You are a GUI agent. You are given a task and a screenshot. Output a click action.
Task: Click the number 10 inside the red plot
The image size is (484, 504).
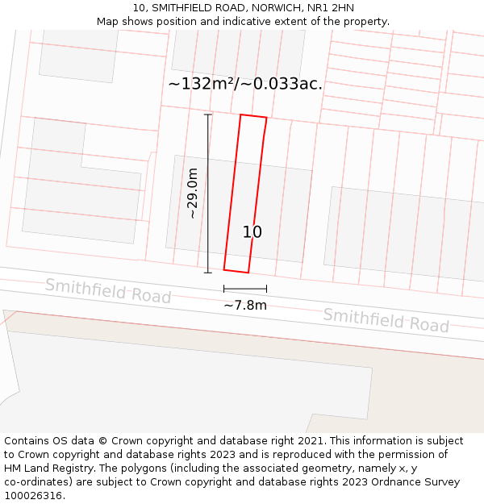[x=252, y=232]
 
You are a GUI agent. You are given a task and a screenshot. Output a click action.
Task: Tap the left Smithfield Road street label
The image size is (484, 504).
[x=108, y=290]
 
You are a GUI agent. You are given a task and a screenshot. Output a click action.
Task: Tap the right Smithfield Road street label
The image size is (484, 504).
[x=386, y=320]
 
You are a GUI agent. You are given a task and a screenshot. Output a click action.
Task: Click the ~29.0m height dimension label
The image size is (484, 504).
[x=192, y=193]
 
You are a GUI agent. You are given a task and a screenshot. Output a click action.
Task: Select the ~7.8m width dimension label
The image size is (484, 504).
[x=245, y=306]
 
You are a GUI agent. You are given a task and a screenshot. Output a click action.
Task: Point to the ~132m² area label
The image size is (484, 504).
[x=245, y=84]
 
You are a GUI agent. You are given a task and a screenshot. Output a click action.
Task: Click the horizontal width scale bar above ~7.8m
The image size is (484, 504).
[x=245, y=289]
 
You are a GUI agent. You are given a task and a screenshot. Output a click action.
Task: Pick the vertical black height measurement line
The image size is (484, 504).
[x=208, y=194]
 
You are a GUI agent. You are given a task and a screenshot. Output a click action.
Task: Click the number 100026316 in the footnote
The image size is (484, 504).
[x=32, y=496]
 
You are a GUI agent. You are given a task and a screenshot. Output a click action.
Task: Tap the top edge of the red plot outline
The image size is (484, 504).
[x=253, y=116]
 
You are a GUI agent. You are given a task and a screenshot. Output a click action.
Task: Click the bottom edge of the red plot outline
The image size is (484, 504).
[x=236, y=271]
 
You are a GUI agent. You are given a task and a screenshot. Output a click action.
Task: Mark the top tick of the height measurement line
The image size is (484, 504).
[x=208, y=115]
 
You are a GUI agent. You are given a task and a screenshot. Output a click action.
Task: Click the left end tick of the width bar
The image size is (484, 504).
[x=224, y=289]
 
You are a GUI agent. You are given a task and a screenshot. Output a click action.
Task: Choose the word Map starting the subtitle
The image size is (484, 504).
[x=108, y=22]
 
